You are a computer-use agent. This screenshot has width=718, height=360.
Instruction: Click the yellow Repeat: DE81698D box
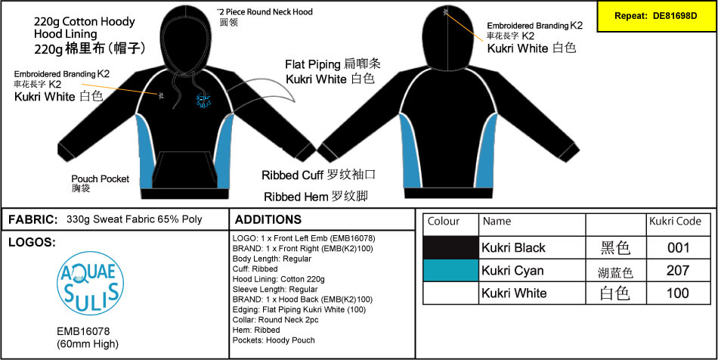(x=657, y=16)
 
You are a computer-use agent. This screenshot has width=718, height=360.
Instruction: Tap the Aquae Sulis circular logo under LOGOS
(x=90, y=283)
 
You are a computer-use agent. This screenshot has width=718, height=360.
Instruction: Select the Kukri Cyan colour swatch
(x=450, y=271)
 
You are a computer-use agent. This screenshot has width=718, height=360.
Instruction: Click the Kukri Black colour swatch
(x=450, y=248)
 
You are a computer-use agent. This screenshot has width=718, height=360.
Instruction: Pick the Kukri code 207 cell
(x=678, y=270)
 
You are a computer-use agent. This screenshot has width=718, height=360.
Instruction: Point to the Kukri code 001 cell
(x=678, y=248)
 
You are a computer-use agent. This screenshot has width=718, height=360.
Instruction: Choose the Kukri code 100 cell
(x=678, y=293)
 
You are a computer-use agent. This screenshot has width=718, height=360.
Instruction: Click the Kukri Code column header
(x=675, y=222)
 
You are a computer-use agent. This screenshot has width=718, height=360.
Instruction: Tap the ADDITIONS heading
(x=268, y=219)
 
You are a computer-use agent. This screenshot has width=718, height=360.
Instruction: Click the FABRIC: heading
(x=33, y=220)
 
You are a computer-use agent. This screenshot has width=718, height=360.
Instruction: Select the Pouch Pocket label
(x=101, y=183)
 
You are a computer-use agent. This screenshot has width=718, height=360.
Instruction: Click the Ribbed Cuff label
(x=319, y=175)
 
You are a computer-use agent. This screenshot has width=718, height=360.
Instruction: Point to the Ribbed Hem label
(x=316, y=197)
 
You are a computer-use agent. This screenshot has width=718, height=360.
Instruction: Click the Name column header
(x=497, y=222)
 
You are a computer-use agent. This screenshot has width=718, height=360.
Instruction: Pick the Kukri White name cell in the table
(x=514, y=293)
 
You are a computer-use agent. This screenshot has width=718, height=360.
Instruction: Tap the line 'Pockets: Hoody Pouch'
(x=274, y=340)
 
